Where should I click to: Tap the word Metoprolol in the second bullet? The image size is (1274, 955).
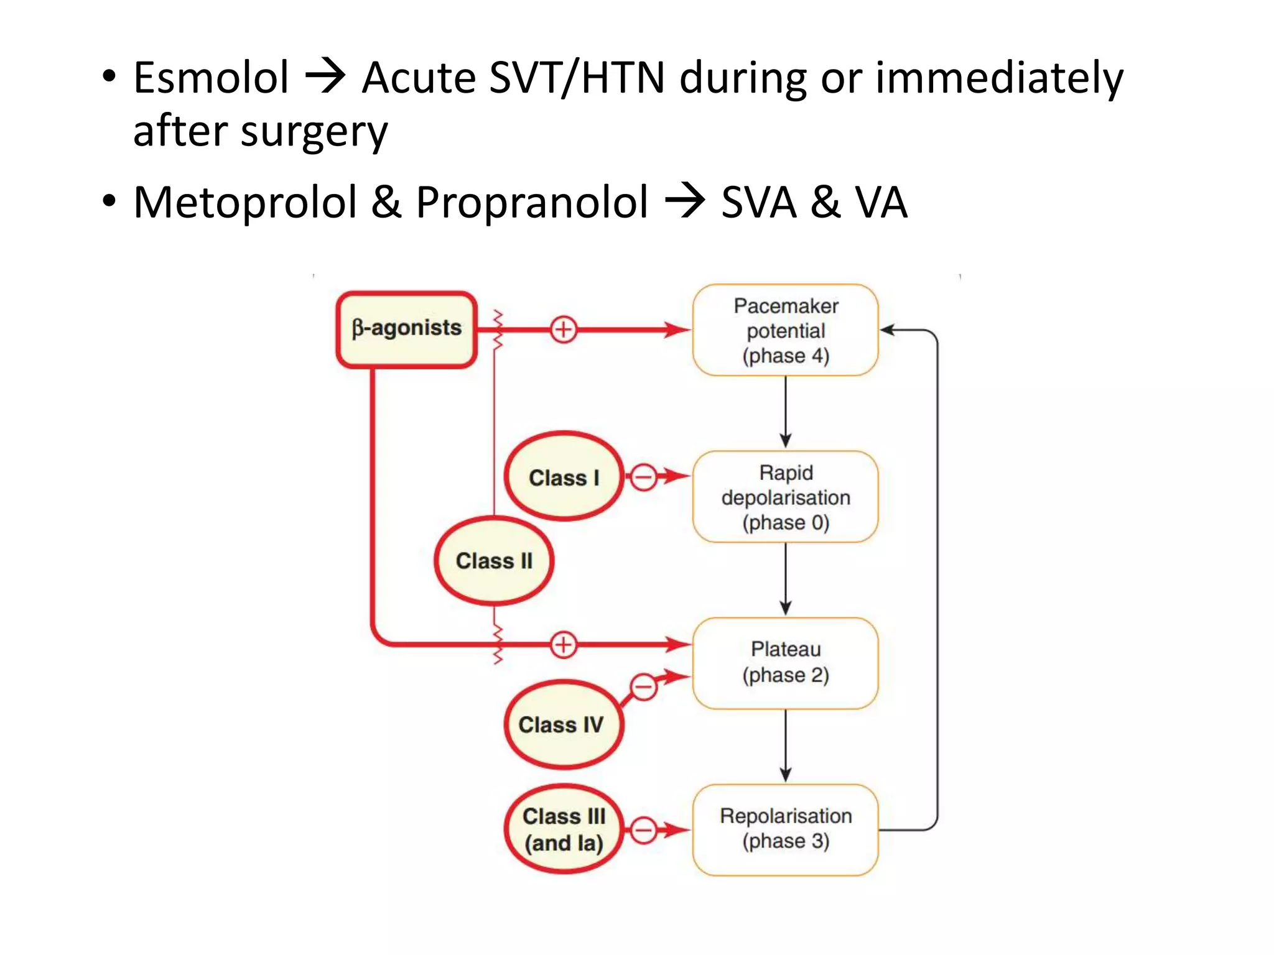[x=245, y=203]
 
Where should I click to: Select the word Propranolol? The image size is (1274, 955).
[x=532, y=203]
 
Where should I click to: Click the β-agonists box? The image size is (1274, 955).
[x=407, y=329]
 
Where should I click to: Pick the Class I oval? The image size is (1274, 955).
[x=564, y=477]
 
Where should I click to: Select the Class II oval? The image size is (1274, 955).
[x=494, y=561]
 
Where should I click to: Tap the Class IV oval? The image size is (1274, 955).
[x=562, y=724]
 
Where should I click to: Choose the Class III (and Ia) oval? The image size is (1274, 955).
[x=564, y=829]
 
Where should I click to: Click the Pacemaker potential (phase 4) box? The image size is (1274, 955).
[x=785, y=330]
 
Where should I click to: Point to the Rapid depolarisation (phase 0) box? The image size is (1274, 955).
[x=785, y=497]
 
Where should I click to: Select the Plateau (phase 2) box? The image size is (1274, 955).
[x=785, y=662]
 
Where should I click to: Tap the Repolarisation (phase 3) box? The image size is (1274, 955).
[x=785, y=829]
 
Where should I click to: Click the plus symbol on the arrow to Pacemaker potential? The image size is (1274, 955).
[x=564, y=330]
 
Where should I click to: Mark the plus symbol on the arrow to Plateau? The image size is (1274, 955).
[x=564, y=645]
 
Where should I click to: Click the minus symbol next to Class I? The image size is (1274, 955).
[x=644, y=477]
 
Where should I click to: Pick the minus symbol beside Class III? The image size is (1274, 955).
[x=644, y=830]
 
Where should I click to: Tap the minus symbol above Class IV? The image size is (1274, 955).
[x=644, y=687]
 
